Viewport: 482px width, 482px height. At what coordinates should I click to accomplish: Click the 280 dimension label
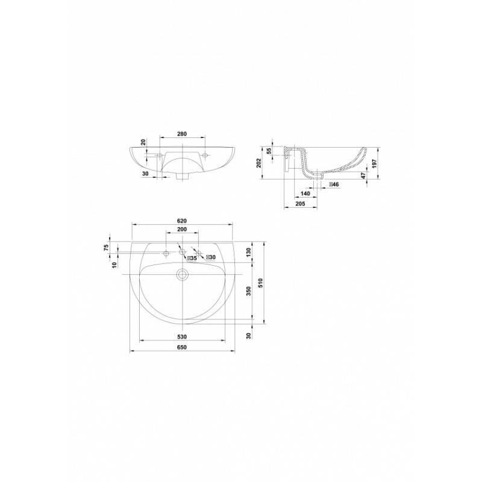point(182,134)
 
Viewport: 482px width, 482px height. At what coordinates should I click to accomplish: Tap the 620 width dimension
point(182,221)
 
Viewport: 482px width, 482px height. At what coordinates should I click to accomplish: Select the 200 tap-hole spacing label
point(182,230)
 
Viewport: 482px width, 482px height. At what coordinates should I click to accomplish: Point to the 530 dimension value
point(182,337)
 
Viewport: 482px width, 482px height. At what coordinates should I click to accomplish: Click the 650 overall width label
point(182,348)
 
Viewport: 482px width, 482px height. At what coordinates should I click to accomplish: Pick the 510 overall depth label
point(260,283)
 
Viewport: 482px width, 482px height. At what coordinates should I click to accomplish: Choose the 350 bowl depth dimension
point(249,291)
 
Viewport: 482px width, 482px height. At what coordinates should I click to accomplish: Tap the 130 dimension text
point(249,252)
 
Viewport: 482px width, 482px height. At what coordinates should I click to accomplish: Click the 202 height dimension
point(258,163)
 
